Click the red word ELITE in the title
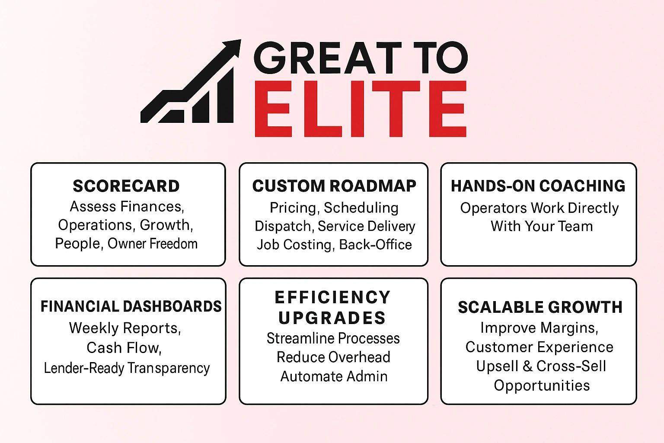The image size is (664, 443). pyautogui.click(x=360, y=109)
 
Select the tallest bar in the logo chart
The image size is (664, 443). pyautogui.click(x=225, y=97)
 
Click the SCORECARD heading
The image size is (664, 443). pyautogui.click(x=126, y=186)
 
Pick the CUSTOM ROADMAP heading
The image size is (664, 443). pyautogui.click(x=334, y=186)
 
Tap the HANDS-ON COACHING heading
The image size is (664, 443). pyautogui.click(x=538, y=186)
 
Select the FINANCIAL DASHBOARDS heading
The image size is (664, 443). pyautogui.click(x=131, y=306)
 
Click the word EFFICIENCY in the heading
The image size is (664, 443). pyautogui.click(x=333, y=298)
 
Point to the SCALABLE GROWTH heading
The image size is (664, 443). pyautogui.click(x=540, y=307)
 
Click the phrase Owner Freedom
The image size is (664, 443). pyautogui.click(x=153, y=244)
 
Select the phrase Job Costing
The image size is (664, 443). pyautogui.click(x=294, y=245)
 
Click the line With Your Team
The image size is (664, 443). pyautogui.click(x=542, y=226)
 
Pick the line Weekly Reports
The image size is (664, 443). pyautogui.click(x=125, y=328)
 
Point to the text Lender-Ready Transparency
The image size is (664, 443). pyautogui.click(x=127, y=368)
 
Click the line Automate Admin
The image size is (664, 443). pyautogui.click(x=334, y=376)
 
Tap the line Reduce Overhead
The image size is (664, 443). pyautogui.click(x=333, y=357)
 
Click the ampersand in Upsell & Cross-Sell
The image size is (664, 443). pyautogui.click(x=527, y=366)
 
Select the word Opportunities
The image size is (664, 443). pyautogui.click(x=542, y=385)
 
